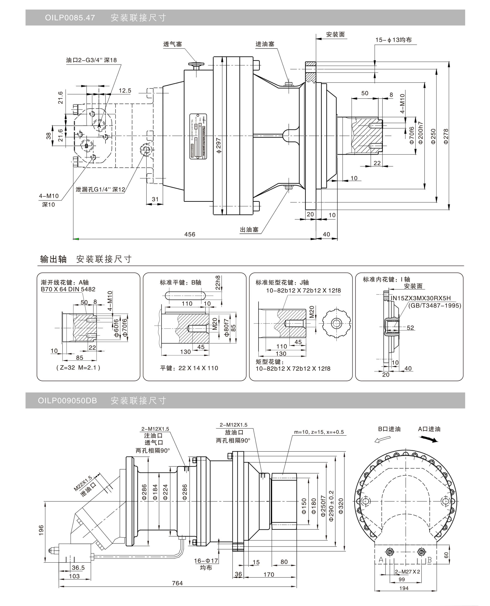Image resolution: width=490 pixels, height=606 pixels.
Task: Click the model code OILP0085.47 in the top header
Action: coord(70,18)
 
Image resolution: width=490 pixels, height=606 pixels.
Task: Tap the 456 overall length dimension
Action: coord(190,234)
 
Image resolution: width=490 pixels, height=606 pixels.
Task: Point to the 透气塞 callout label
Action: coord(172,44)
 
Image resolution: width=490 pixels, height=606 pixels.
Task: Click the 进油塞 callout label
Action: coord(265,44)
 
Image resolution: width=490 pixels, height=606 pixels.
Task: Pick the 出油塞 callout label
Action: coord(249,230)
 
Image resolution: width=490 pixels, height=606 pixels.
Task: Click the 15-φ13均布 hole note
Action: coord(393,40)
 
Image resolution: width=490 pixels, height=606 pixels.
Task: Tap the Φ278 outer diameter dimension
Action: coord(446,136)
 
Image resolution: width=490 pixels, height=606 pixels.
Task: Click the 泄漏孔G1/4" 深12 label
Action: coord(100,189)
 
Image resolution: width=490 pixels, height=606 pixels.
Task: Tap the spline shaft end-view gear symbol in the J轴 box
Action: coord(336,323)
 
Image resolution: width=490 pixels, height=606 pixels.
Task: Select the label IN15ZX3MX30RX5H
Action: coord(420,298)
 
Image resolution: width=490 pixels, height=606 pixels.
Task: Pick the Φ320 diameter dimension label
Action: coord(341,506)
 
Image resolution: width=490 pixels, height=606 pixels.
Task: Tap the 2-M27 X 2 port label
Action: coord(407,572)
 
